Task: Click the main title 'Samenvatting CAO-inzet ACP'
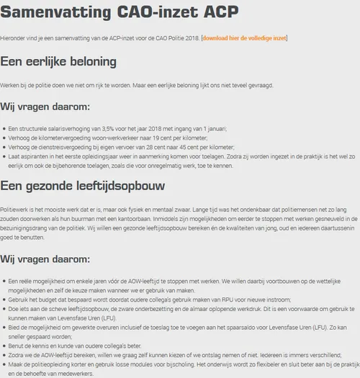pyautogui.click(x=120, y=12)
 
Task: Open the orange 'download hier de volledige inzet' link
pyautogui.click(x=245, y=37)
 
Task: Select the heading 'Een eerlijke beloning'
pyautogui.click(x=59, y=61)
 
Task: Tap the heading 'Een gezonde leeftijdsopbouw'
pyautogui.click(x=83, y=186)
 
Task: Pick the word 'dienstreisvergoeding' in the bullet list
pyautogui.click(x=64, y=147)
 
